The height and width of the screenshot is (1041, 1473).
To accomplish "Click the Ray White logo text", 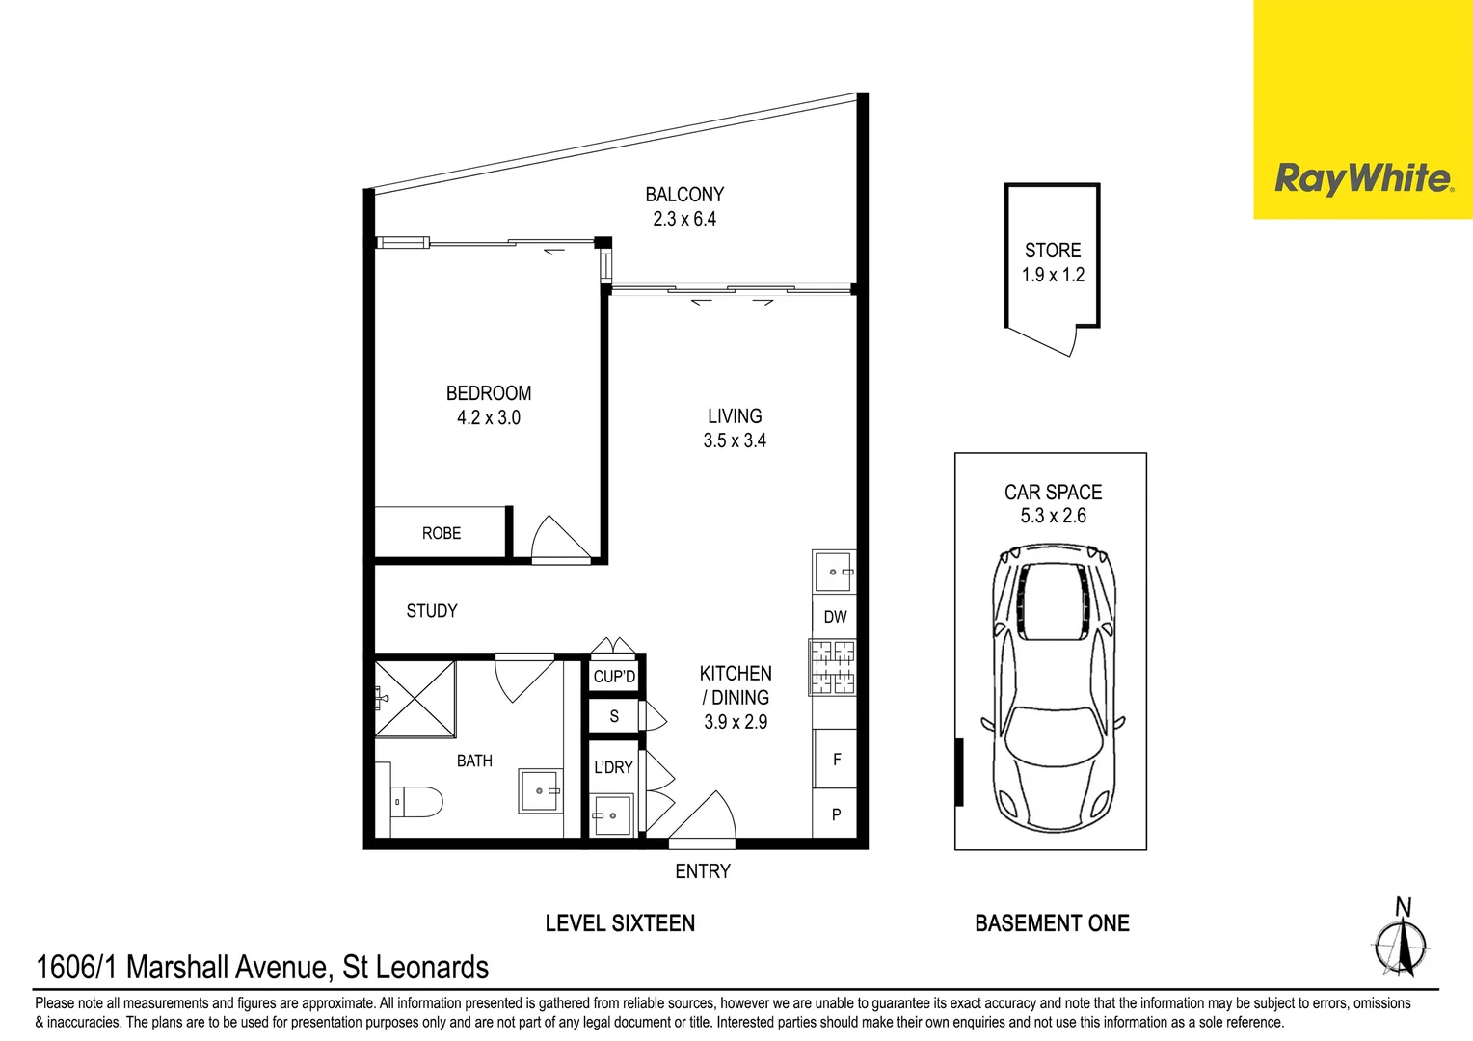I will (1362, 178).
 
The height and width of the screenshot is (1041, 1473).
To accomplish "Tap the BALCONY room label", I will (684, 195).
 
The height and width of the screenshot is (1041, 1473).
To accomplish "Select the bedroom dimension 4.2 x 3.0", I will (489, 417).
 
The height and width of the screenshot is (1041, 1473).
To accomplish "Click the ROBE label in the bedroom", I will (442, 533).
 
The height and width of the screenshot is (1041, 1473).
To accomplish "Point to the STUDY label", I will (432, 611).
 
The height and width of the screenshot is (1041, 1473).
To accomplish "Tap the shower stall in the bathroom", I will (415, 700).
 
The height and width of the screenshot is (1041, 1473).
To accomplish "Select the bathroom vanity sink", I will (540, 790).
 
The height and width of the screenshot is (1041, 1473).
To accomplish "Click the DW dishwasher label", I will (835, 617).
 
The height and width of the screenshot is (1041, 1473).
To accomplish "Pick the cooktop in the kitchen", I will (833, 668).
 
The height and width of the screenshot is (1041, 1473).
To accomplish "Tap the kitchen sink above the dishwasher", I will (834, 572).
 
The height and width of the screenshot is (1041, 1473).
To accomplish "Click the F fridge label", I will (837, 760).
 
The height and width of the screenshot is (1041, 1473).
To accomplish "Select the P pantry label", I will (836, 814).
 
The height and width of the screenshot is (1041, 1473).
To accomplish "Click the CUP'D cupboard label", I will (614, 677).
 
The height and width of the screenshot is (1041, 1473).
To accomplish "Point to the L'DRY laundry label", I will (613, 767).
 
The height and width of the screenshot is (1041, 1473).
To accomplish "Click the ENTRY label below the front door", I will (703, 871).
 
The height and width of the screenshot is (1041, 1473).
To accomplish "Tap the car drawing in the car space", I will (1053, 684).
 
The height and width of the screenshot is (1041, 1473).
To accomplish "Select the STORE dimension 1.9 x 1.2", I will (1053, 275).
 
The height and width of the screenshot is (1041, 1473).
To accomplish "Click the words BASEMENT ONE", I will (1052, 923).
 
